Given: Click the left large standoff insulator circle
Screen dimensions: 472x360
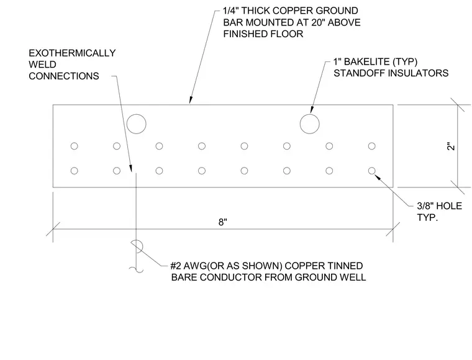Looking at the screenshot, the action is (x=137, y=114).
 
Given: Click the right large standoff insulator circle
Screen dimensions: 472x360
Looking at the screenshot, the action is (x=310, y=114).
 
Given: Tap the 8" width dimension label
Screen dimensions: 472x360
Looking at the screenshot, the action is (x=223, y=222).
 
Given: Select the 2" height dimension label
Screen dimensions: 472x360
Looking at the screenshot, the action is (x=451, y=146).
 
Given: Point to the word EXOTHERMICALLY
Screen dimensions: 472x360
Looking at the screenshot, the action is (x=72, y=53).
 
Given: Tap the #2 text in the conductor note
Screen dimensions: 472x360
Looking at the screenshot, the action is (x=176, y=266).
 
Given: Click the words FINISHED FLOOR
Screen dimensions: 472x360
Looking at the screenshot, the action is (x=263, y=34).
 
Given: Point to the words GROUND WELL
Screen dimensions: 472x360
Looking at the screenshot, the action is (x=330, y=277).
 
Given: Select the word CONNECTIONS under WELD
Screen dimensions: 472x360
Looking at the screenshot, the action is (x=64, y=76).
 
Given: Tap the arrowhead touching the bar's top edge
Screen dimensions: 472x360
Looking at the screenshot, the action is (x=191, y=100).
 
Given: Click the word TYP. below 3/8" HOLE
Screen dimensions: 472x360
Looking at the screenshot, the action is (x=427, y=217).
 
